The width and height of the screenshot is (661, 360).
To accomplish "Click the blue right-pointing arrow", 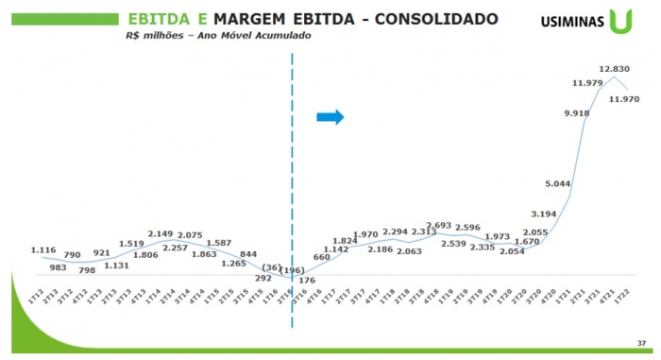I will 330,116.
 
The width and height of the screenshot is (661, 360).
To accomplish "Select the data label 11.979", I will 587,83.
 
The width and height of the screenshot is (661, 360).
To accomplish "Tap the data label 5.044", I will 557,182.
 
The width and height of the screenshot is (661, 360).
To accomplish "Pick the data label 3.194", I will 544,214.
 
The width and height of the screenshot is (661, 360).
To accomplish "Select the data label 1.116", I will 43,250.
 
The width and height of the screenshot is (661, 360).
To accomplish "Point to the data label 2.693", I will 438,226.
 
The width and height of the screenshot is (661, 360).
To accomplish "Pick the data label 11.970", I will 625,98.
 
